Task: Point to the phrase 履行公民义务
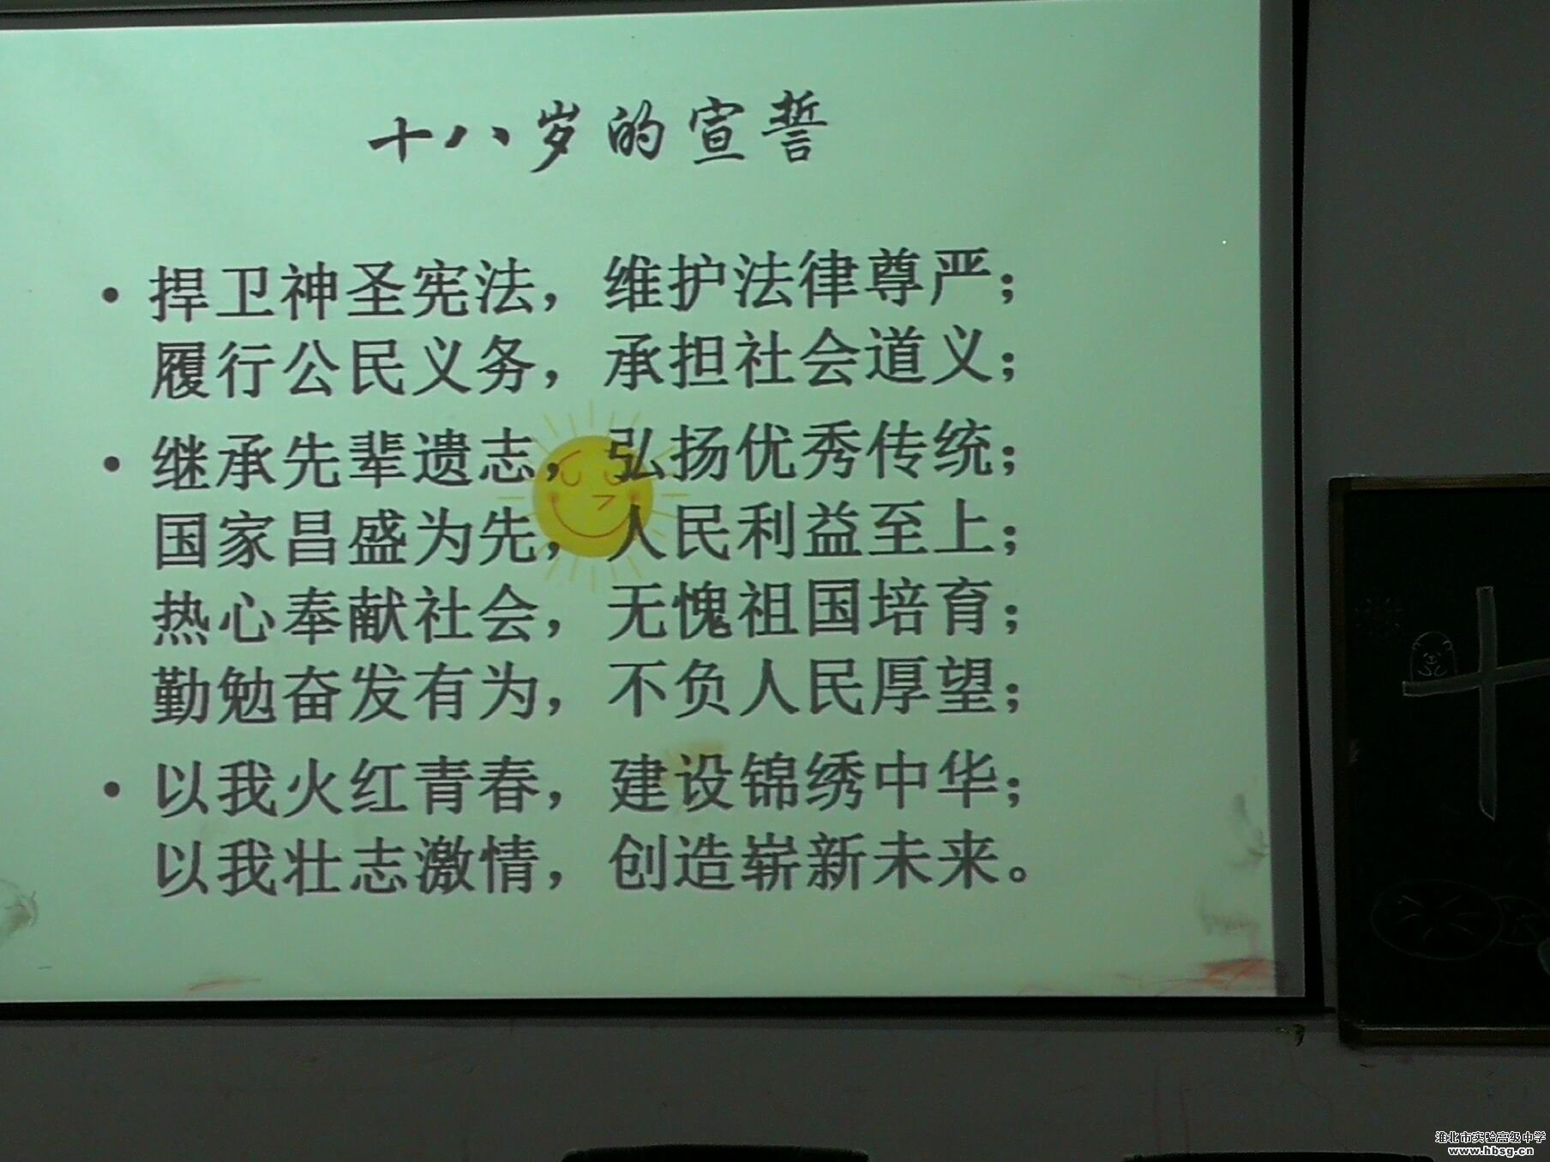pyautogui.click(x=343, y=369)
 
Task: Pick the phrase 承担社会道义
pyautogui.click(x=797, y=360)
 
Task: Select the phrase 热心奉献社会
pyautogui.click(x=345, y=616)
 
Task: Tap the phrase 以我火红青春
pyautogui.click(x=346, y=787)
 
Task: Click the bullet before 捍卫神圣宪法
pyautogui.click(x=110, y=296)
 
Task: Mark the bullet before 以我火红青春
pyautogui.click(x=112, y=788)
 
